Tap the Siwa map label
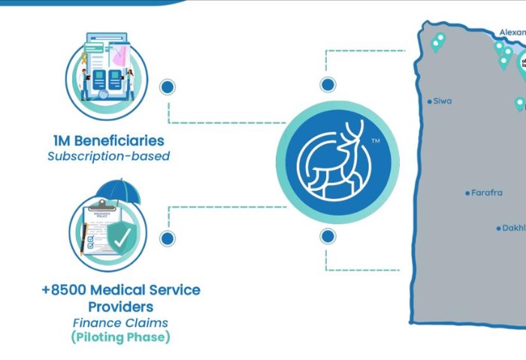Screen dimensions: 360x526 pyautogui.click(x=443, y=101)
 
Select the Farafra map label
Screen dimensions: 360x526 pyautogui.click(x=486, y=193)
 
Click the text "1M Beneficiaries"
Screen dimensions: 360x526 pyautogui.click(x=109, y=141)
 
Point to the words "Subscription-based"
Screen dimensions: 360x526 pyautogui.click(x=108, y=156)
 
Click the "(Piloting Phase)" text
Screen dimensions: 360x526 pyautogui.click(x=121, y=337)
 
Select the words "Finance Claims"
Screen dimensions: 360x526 pyautogui.click(x=120, y=322)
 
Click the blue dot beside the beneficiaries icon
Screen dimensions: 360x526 pyautogui.click(x=168, y=86)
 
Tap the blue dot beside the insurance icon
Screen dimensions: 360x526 pyautogui.click(x=168, y=238)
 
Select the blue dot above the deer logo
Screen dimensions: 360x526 pyautogui.click(x=328, y=84)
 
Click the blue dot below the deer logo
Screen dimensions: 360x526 pyautogui.click(x=328, y=237)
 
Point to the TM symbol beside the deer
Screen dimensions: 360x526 pyautogui.click(x=375, y=141)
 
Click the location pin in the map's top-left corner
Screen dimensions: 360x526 pyautogui.click(x=437, y=41)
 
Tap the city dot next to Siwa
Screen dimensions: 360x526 pyautogui.click(x=430, y=101)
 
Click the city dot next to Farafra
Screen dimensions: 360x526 pyautogui.click(x=467, y=193)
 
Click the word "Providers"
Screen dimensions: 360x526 pyautogui.click(x=121, y=307)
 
